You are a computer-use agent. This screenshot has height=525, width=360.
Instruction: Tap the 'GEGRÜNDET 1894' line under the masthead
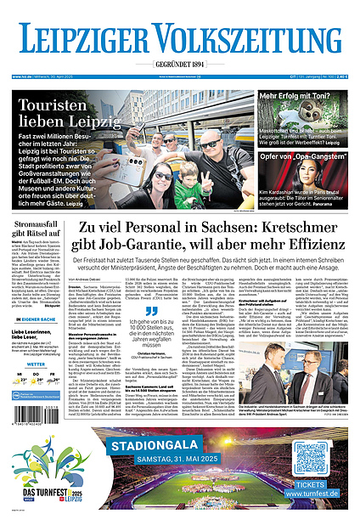(179, 65)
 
